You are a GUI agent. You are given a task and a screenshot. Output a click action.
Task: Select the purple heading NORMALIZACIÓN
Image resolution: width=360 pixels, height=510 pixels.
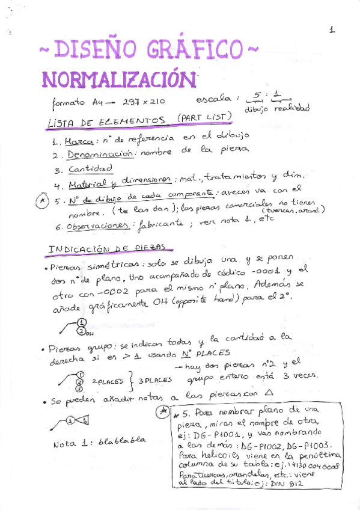119,78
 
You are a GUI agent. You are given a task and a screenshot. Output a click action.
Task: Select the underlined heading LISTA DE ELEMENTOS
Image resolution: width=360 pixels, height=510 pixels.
106,121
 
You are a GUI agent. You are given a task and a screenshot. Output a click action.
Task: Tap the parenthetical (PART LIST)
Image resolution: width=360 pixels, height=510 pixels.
204,117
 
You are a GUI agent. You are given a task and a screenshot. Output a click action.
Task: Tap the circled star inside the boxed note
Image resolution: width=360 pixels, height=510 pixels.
162,411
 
